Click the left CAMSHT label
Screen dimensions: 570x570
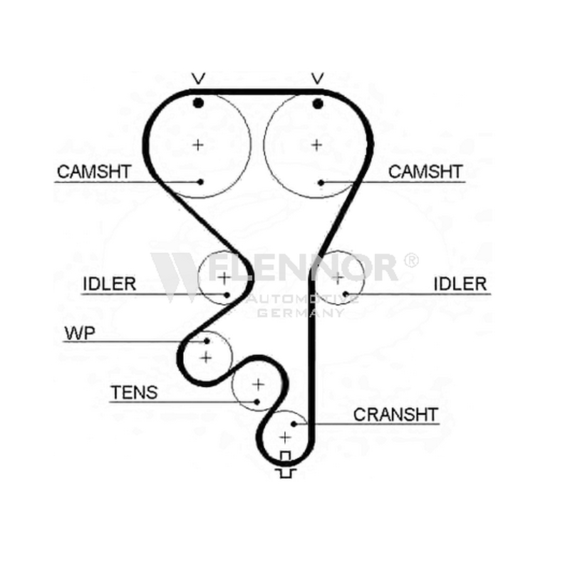(94, 172)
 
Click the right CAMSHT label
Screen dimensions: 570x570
(425, 172)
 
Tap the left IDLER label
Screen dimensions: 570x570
(110, 284)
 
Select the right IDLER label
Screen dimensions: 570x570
(460, 284)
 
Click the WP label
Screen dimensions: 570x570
(80, 333)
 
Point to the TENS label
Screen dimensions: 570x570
(134, 393)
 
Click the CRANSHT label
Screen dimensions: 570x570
(395, 415)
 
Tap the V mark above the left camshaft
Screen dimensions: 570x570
(199, 78)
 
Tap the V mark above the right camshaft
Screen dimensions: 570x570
(317, 78)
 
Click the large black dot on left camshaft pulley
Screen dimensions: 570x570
(198, 103)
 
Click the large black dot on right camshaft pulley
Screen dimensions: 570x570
(318, 104)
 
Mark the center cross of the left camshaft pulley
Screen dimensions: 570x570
(198, 145)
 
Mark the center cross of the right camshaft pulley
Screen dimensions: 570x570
(317, 145)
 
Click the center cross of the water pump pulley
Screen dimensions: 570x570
(206, 358)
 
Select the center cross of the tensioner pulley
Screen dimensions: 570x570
(258, 384)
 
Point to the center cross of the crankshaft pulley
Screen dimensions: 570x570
(286, 437)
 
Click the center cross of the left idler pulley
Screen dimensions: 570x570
(224, 278)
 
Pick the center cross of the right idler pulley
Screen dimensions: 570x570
(338, 278)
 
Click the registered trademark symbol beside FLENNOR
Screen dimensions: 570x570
(411, 260)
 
